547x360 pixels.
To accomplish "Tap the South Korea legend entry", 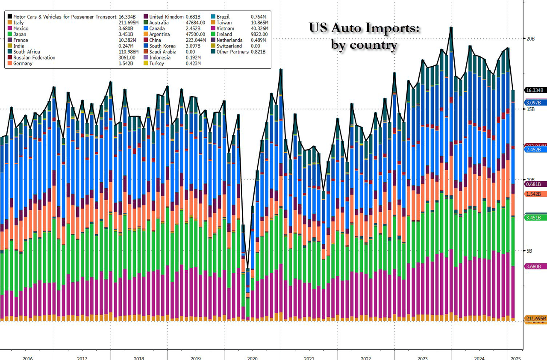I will [162, 46].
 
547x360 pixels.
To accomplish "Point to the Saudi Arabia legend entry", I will [163, 52].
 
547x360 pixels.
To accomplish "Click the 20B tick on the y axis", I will [529, 38].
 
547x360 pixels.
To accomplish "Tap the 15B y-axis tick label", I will [529, 109].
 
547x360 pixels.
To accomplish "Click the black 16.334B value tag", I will [535, 90].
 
